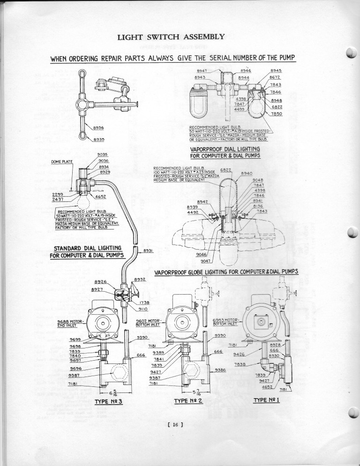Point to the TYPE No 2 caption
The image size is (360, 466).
(187, 401)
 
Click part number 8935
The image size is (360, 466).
(98, 139)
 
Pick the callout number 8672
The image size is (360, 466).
(275, 77)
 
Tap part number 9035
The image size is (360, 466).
(103, 154)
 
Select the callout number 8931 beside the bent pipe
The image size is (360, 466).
(149, 251)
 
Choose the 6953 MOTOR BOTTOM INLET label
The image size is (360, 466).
(226, 321)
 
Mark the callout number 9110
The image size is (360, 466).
(143, 309)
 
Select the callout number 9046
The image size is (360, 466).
(202, 254)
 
